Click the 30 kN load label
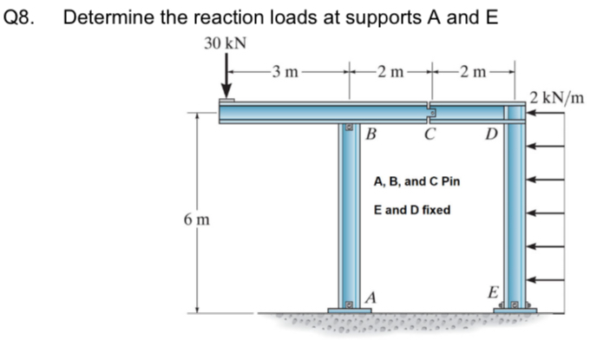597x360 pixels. [x=225, y=43]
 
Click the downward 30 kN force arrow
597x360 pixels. [x=226, y=77]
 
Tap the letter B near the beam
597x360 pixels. [x=371, y=134]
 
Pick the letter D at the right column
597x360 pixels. [x=491, y=134]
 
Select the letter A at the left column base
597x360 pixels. [x=371, y=298]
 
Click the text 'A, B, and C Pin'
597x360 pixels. [x=417, y=182]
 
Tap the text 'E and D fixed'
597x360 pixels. [x=411, y=211]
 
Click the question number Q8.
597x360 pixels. [x=21, y=17]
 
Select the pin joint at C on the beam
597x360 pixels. [x=430, y=112]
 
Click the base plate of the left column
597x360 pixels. [x=350, y=310]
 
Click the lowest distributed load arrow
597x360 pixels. [x=545, y=279]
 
